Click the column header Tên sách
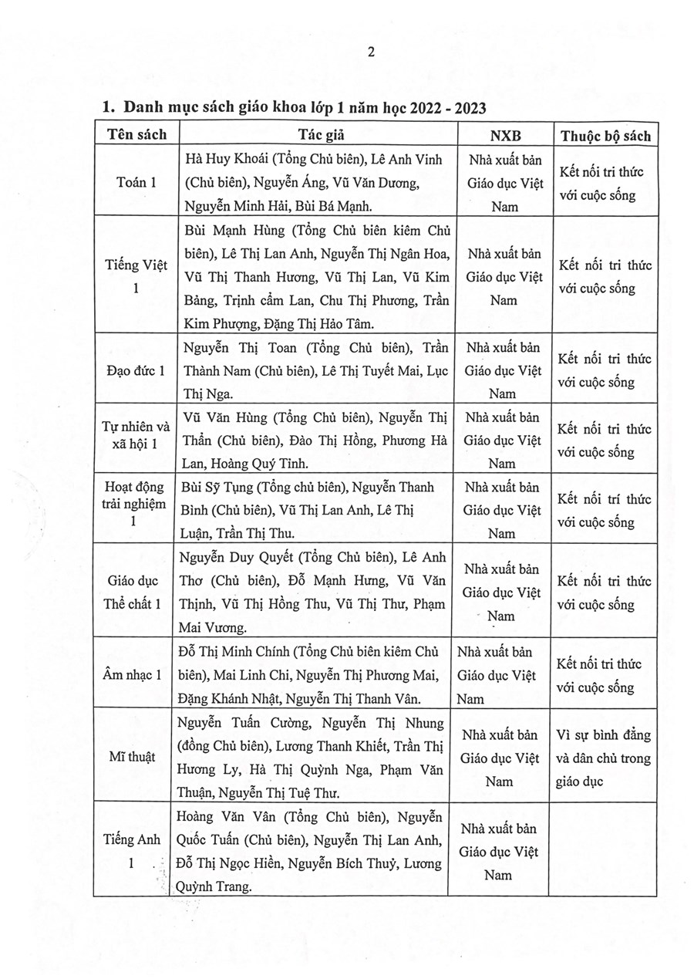136,134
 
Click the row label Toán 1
136,183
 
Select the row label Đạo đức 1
136,370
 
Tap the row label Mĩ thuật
132,757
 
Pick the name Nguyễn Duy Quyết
229,557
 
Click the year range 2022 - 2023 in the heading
438,107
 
